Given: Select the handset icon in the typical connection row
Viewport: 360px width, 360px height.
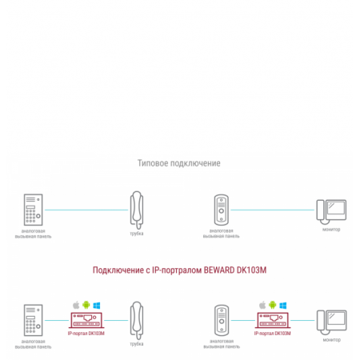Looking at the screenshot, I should (137, 210).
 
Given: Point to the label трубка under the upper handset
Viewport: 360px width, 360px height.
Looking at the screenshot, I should (137, 234).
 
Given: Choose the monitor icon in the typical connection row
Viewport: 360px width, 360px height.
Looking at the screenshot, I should (330, 211).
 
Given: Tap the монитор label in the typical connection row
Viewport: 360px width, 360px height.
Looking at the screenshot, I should (331, 230).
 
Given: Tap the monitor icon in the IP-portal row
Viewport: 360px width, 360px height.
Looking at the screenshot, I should (330, 322).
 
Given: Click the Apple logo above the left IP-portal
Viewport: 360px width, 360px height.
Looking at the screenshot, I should (76, 305).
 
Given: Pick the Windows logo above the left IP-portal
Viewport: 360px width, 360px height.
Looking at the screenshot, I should (96, 305).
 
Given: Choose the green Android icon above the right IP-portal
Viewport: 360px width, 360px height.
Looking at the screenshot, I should (272, 305).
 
